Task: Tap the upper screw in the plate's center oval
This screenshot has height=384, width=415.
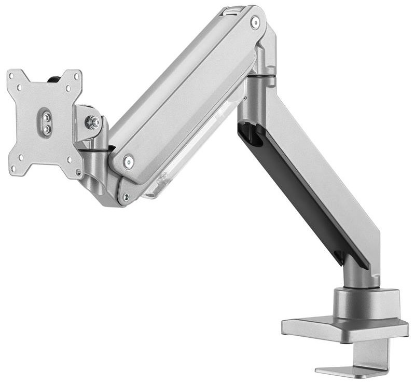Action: coord(46,117)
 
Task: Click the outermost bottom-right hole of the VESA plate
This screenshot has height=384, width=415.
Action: coord(79,172)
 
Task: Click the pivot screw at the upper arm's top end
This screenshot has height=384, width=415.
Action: coord(255,21)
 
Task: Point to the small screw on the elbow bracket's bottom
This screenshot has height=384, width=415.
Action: coord(125,196)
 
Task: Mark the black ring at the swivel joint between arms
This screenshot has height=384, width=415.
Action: coord(260,76)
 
